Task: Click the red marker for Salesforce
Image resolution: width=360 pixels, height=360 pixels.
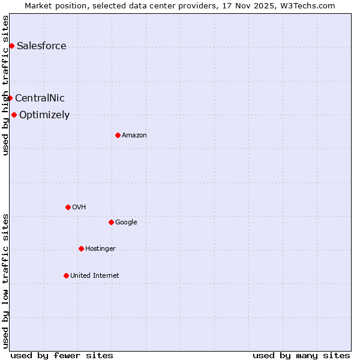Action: (x=11, y=46)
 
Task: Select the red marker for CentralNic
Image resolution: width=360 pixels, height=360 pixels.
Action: (x=10, y=98)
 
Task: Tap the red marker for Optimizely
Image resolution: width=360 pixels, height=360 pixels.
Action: (x=14, y=115)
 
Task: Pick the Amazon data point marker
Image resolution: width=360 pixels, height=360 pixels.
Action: (x=118, y=135)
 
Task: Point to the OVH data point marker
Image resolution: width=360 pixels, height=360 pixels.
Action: (x=68, y=207)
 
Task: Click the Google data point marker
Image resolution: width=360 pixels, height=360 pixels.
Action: (x=111, y=222)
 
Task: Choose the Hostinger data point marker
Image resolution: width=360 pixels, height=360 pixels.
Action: (x=81, y=248)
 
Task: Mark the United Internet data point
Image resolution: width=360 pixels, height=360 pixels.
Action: (x=66, y=275)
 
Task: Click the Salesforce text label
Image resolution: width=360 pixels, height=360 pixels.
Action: (x=41, y=46)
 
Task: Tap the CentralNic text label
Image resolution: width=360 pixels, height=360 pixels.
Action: (x=40, y=98)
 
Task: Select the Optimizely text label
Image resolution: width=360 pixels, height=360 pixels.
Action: (x=44, y=115)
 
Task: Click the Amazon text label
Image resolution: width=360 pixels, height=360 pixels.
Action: (x=134, y=136)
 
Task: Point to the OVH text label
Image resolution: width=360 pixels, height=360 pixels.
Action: (x=79, y=208)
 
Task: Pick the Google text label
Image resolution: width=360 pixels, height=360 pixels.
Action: (x=126, y=223)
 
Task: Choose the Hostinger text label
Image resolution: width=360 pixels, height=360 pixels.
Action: (x=100, y=249)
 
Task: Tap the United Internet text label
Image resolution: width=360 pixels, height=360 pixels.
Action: (x=95, y=276)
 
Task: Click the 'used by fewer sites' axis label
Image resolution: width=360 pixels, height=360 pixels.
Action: (x=62, y=355)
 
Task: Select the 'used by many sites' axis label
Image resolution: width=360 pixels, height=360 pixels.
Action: (x=301, y=355)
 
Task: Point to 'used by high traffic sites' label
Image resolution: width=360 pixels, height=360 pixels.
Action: (x=5, y=85)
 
